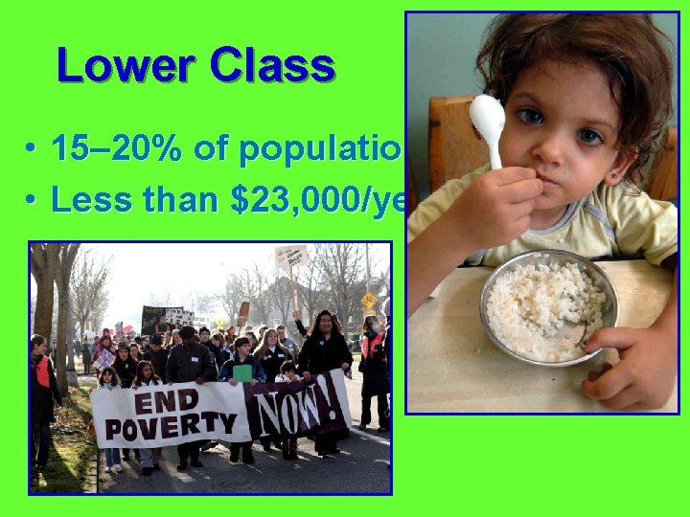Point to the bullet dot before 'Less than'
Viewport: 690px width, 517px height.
tap(33, 202)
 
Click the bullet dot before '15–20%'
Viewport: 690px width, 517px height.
tap(33, 151)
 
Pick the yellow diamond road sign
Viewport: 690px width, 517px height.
tap(369, 299)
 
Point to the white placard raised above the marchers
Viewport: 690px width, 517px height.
tap(289, 257)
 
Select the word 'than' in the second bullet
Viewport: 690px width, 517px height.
tap(172, 200)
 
